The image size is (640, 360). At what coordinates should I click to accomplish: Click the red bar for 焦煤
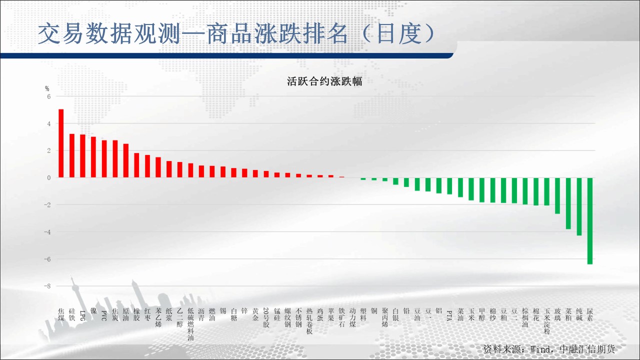[x=61, y=143]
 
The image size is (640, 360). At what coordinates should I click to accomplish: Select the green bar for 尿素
[x=589, y=221]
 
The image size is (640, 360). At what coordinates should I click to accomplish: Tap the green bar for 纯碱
[x=579, y=206]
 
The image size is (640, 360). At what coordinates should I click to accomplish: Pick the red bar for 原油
[x=125, y=160]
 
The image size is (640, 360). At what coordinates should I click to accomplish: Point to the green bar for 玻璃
[x=557, y=195]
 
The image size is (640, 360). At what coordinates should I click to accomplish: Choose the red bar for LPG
[x=82, y=156]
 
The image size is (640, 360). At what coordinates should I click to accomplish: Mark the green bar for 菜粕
[x=568, y=203]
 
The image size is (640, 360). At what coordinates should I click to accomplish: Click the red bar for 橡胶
[x=136, y=165]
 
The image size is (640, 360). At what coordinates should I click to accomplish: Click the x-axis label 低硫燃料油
[x=190, y=324]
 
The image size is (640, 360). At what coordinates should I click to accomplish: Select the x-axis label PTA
[x=449, y=315]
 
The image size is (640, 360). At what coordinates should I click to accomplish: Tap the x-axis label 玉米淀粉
[x=546, y=321]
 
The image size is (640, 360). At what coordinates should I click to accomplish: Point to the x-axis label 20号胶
[x=266, y=317]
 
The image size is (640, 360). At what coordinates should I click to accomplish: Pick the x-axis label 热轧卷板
[x=309, y=321]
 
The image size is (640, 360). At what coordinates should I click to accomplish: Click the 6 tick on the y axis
[x=49, y=96]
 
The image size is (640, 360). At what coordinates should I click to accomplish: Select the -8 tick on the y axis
[x=47, y=286]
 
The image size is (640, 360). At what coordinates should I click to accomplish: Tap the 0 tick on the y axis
[x=49, y=177]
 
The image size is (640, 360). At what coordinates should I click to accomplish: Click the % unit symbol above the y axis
[x=47, y=88]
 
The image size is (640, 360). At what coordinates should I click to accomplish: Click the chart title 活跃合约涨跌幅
[x=324, y=81]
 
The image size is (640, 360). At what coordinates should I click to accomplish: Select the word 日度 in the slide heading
[x=399, y=33]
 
